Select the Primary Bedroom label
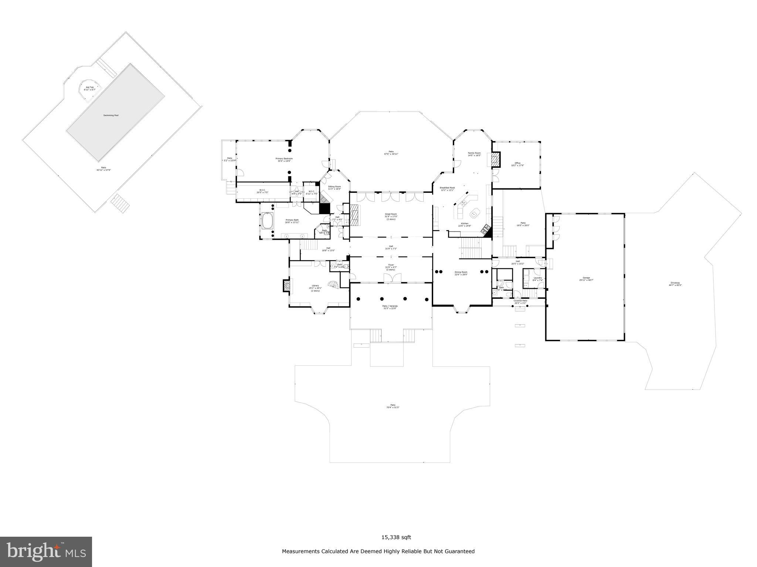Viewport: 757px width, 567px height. tap(284, 159)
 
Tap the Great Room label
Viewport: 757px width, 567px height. tap(391, 214)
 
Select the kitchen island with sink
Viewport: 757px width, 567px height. tap(474, 213)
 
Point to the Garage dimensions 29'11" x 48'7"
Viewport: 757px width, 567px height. tap(586, 280)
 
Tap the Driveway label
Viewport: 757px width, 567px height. tap(675, 283)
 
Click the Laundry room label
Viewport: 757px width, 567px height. tap(537, 278)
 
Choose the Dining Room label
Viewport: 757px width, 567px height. tap(461, 272)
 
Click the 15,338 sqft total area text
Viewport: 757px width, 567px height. tap(396, 537)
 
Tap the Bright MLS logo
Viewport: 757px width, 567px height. tap(46, 551)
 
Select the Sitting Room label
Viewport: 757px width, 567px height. tap(334, 187)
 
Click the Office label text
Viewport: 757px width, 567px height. tap(517, 163)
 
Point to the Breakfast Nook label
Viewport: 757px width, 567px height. tap(447, 188)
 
